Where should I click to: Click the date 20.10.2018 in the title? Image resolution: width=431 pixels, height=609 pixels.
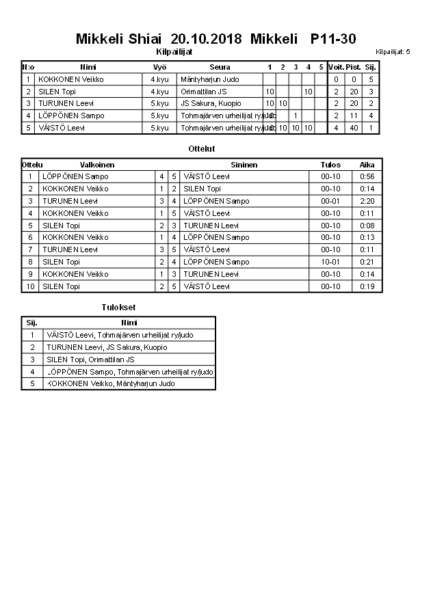click(206, 39)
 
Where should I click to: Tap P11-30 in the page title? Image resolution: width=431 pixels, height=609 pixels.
click(332, 39)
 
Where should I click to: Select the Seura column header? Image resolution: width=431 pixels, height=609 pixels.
click(220, 67)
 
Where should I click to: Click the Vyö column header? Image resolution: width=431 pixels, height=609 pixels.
click(159, 67)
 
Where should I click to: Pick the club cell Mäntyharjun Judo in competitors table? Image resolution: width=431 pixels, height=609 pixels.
click(210, 79)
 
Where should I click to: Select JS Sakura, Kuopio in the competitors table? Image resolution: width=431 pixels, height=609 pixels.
click(211, 104)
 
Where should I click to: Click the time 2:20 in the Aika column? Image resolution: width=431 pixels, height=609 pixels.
click(367, 202)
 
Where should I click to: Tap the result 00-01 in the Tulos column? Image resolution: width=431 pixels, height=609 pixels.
click(330, 202)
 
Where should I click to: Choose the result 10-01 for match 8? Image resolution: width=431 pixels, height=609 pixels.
click(330, 262)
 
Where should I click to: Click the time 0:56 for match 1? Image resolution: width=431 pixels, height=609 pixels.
click(367, 177)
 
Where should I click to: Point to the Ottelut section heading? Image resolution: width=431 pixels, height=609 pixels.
click(202, 148)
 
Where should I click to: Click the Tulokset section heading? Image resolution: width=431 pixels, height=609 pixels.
click(118, 308)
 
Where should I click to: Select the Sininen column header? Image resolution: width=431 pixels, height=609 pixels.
click(244, 165)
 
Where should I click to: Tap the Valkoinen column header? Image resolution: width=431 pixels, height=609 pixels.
click(97, 165)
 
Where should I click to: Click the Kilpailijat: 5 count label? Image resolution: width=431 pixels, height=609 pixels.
click(393, 52)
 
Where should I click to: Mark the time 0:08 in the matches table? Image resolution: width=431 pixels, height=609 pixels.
click(367, 226)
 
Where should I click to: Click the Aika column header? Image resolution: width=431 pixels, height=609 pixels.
click(367, 165)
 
